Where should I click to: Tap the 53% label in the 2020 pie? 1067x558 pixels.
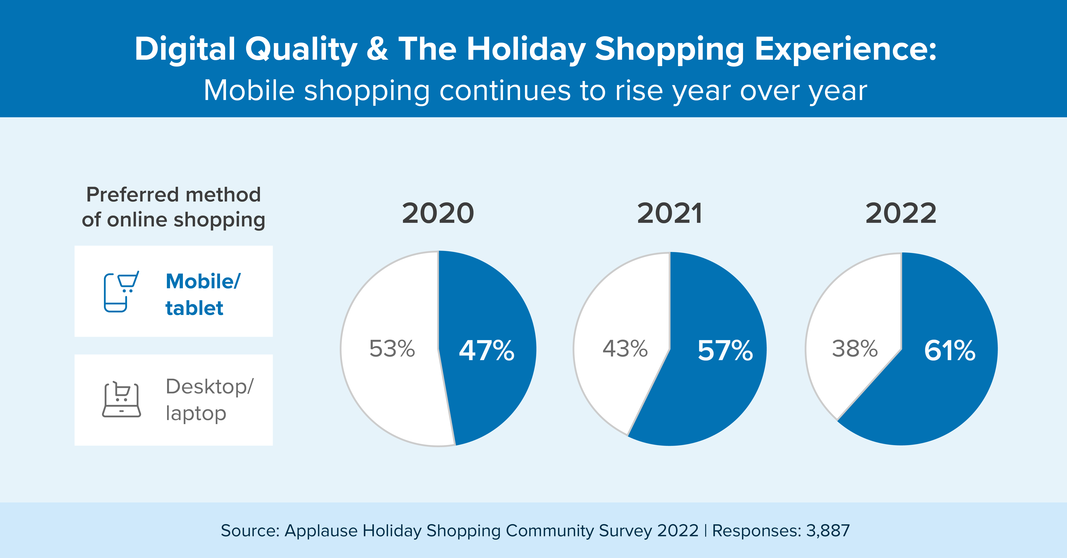(x=392, y=349)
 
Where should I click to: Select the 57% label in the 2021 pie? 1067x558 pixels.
(x=725, y=351)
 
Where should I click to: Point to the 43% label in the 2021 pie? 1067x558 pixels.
(x=625, y=349)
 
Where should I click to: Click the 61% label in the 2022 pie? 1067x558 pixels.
(x=949, y=351)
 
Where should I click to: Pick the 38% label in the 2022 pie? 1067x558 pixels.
(x=854, y=349)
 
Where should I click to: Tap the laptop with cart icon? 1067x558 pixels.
(x=121, y=400)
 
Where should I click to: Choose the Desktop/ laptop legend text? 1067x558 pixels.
(x=209, y=400)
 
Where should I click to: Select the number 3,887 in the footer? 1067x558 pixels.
(x=828, y=531)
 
